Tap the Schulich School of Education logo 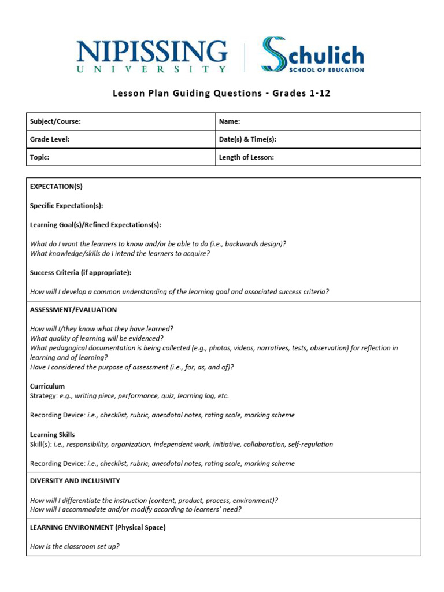click(312, 55)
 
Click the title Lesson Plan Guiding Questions click(221, 94)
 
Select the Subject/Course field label click(55, 121)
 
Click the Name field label click(230, 121)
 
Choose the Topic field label click(39, 157)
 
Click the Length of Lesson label click(246, 157)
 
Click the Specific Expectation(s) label click(66, 205)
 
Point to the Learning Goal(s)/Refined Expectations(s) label click(95, 224)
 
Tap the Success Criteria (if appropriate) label click(80, 272)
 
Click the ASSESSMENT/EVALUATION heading click(73, 310)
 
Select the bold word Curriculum click(47, 386)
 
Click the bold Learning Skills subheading click(53, 435)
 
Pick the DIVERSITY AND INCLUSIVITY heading click(75, 481)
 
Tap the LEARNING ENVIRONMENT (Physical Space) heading click(98, 527)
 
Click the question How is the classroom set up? click(75, 546)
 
